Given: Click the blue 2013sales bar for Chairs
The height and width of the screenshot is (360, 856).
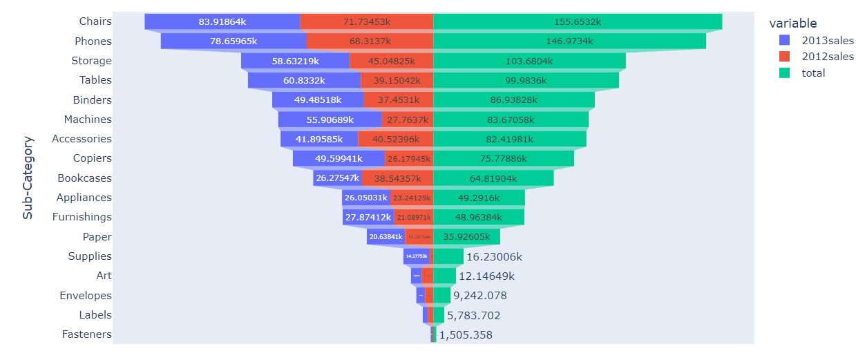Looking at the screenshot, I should [222, 22].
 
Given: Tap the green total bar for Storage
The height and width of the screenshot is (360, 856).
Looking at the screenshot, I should [529, 61].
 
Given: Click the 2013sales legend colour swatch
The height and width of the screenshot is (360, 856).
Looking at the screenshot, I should [783, 40].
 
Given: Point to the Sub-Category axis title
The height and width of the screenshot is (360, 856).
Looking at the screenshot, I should [28, 178].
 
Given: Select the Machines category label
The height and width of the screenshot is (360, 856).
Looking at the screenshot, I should [88, 120].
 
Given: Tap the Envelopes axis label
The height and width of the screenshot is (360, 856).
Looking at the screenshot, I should [86, 296].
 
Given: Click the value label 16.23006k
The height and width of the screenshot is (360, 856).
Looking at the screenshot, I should [494, 256].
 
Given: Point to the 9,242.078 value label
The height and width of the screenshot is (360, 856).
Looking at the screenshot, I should [479, 296].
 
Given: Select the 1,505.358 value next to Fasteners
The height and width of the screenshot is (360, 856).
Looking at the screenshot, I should [466, 335].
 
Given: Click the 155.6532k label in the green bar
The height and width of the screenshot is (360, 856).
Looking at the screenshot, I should [578, 22].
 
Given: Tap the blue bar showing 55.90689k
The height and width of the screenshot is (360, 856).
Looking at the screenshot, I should [330, 120].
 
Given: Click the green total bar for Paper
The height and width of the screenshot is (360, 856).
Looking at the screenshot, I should [466, 237].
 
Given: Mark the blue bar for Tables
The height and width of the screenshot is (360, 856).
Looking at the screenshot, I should [304, 81].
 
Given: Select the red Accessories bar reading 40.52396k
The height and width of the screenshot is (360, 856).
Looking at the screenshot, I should [395, 139].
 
